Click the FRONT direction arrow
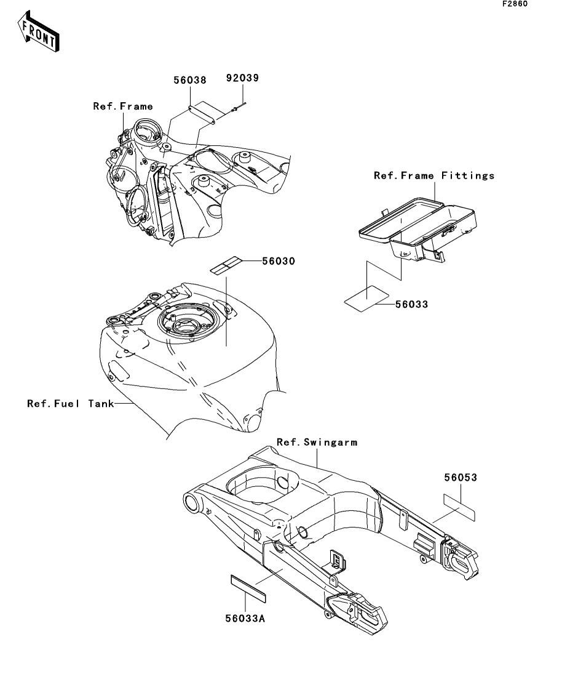(x=39, y=31)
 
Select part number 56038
(x=190, y=80)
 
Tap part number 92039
(x=242, y=78)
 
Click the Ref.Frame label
(x=123, y=106)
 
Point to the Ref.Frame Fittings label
(x=434, y=175)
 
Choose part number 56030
(x=279, y=261)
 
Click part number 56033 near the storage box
(x=412, y=305)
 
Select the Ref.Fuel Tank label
(x=71, y=404)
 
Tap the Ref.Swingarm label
(x=317, y=442)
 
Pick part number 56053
(x=461, y=478)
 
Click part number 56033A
(x=245, y=619)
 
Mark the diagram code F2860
(x=515, y=4)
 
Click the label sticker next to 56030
(x=225, y=265)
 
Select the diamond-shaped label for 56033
(x=366, y=299)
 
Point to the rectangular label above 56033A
(x=248, y=589)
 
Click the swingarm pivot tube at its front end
(x=192, y=504)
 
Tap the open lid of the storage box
(x=402, y=218)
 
